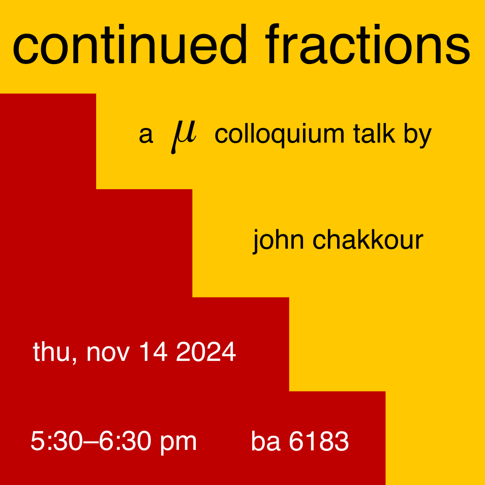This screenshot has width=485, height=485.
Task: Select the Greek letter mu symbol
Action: [184, 137]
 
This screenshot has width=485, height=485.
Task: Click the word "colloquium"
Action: [279, 135]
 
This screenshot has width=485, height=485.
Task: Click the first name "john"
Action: [278, 241]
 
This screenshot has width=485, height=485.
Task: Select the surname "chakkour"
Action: [368, 239]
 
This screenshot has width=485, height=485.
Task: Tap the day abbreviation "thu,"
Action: [55, 353]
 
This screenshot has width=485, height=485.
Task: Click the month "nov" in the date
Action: [108, 353]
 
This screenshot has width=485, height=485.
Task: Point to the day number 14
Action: [154, 352]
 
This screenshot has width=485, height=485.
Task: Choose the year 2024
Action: [206, 352]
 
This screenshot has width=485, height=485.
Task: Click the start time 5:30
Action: [56, 441]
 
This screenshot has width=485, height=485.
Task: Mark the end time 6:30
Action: [125, 441]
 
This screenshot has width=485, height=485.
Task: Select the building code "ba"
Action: [266, 441]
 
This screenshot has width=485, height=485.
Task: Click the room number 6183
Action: [319, 441]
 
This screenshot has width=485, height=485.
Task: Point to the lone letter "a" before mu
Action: [146, 135]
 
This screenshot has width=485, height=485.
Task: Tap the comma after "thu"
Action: [74, 361]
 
